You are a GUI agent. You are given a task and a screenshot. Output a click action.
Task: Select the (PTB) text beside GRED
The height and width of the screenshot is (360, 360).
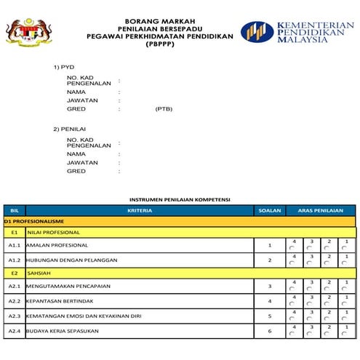click(164, 109)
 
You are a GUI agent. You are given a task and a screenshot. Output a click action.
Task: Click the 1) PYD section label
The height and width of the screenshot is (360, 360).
click(64, 67)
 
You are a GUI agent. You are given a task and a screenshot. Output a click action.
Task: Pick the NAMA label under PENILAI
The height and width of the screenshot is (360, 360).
click(76, 154)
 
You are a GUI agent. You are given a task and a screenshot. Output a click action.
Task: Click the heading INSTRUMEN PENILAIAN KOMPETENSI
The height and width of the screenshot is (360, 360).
click(179, 199)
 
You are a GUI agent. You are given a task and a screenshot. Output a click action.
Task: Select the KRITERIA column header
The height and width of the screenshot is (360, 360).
click(139, 210)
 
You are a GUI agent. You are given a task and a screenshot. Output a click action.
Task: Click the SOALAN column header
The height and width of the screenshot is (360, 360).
click(269, 210)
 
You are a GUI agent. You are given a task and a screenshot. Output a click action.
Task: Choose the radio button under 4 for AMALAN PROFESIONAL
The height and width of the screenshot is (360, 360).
click(292, 249)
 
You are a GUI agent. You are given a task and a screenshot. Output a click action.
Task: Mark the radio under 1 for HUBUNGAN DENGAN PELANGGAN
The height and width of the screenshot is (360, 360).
click(344, 263)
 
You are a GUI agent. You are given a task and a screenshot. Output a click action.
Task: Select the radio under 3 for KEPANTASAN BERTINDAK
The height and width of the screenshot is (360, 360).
click(309, 304)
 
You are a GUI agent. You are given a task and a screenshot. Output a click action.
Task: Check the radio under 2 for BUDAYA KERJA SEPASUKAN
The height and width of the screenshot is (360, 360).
click(327, 335)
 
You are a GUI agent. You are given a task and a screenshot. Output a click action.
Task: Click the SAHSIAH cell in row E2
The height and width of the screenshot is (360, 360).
click(39, 273)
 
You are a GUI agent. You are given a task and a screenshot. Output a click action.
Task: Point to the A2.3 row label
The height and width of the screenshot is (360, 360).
click(14, 316)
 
